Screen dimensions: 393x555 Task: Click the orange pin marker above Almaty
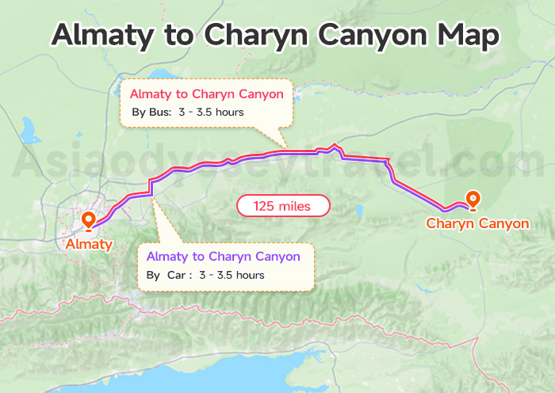(88, 219)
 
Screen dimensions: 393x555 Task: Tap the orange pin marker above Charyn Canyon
(473, 200)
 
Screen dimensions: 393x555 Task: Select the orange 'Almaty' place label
(89, 243)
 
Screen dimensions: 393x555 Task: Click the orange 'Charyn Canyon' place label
(477, 223)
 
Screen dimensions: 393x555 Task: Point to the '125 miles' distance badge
(284, 206)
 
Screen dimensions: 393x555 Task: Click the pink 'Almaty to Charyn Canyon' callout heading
(206, 94)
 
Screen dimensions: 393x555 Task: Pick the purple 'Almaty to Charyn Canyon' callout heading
(223, 256)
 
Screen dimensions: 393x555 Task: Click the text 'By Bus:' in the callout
(151, 113)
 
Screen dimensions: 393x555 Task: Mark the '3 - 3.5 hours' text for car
(232, 275)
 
